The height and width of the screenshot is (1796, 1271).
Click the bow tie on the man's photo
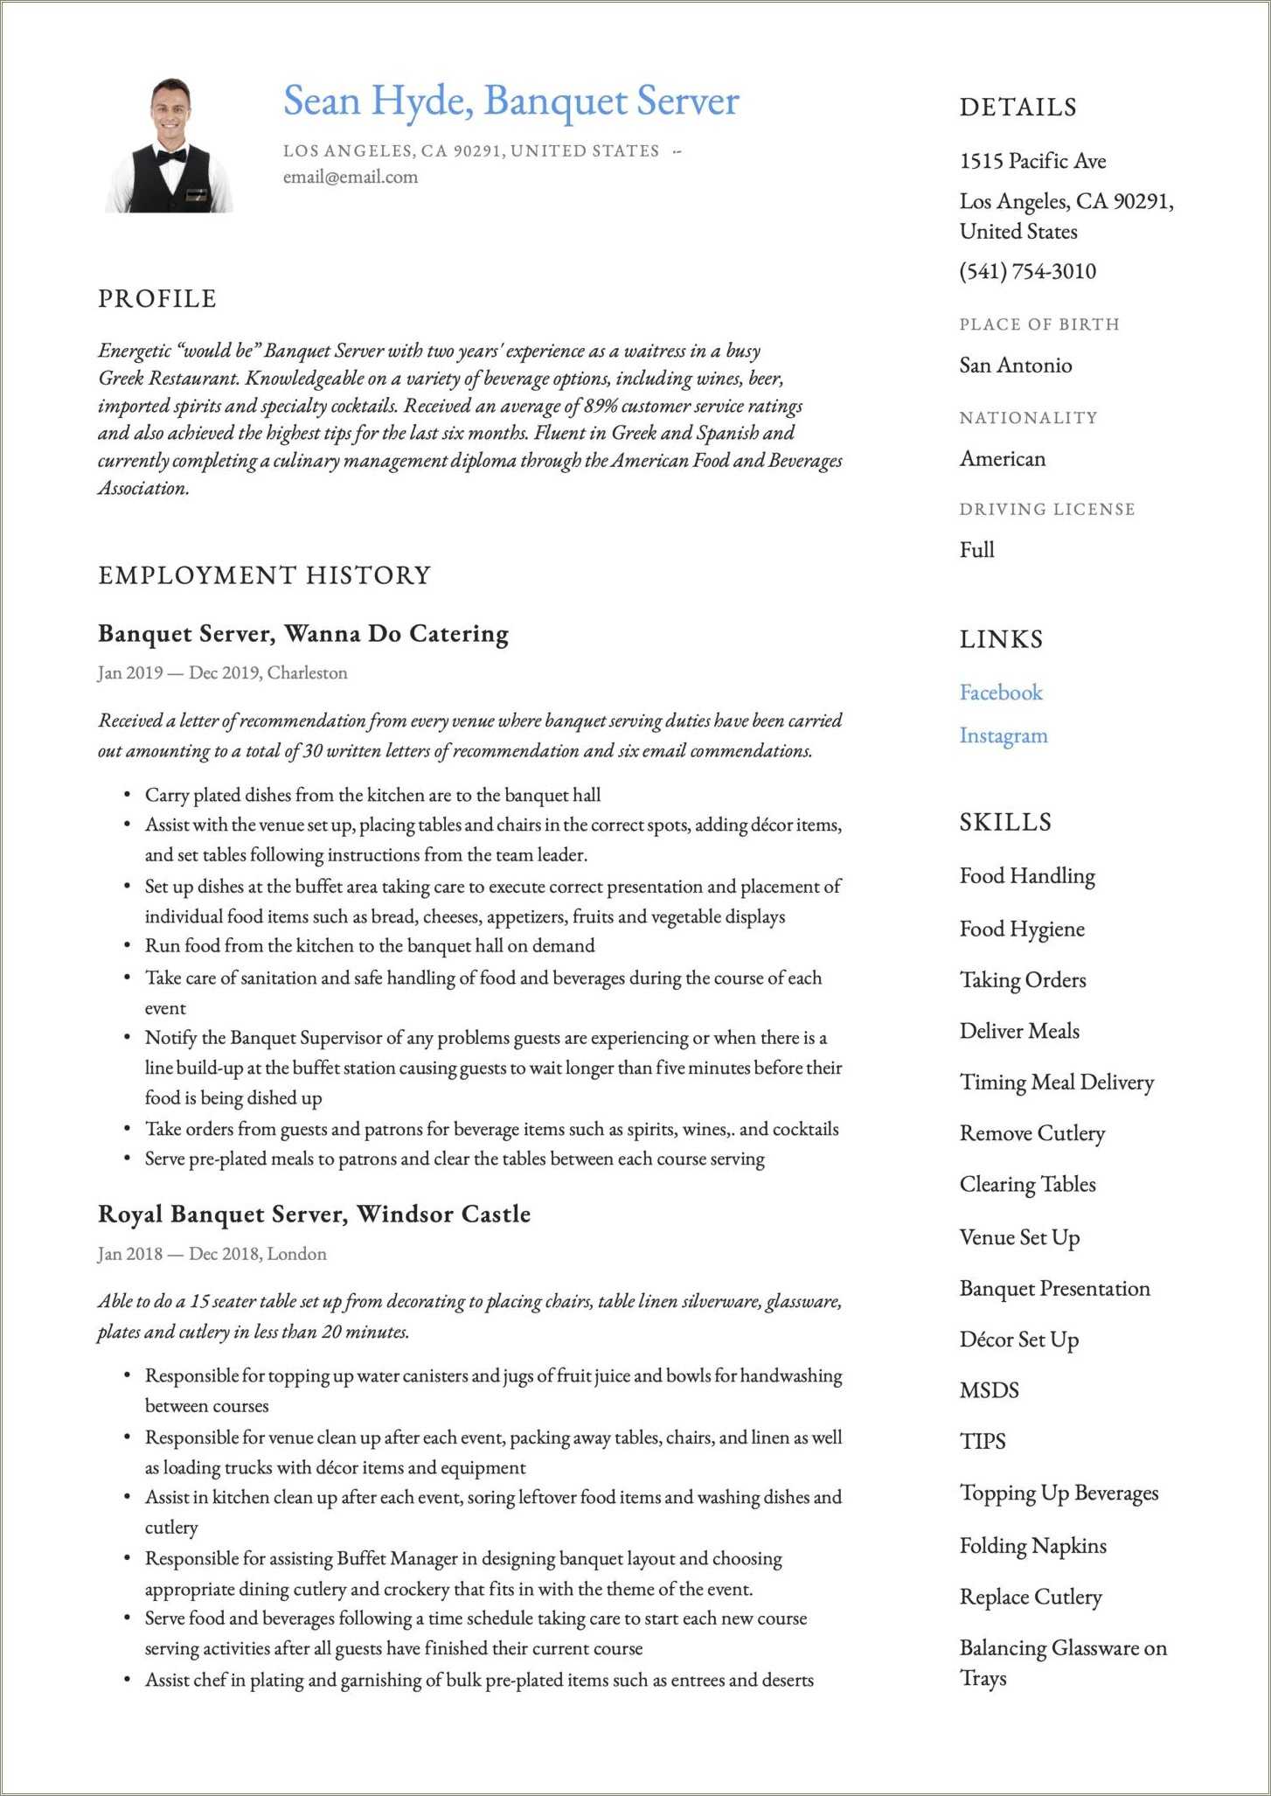170,156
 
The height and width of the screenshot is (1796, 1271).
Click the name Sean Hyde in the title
377,101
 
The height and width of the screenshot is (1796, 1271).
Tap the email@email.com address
350,177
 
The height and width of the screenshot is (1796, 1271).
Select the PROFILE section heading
157,299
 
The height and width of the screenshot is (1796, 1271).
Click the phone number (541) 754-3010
1027,271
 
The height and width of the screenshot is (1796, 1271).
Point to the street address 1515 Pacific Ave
1032,161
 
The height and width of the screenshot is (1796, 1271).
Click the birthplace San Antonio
1015,365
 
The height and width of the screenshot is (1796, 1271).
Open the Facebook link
1001,693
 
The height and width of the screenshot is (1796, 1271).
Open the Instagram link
1003,735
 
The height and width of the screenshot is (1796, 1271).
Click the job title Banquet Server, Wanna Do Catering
302,633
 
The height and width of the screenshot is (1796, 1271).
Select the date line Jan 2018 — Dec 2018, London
212,1254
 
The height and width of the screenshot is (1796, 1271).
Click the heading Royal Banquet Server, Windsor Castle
314,1214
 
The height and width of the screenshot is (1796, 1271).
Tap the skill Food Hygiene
1021,929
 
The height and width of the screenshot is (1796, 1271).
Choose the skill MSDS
989,1390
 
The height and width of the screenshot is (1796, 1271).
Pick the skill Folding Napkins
1032,1546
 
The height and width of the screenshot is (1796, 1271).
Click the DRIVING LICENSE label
1046,509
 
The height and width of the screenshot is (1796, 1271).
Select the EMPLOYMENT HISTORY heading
264,575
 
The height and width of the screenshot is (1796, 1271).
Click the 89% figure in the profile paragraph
601,406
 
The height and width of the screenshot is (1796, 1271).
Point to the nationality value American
1002,459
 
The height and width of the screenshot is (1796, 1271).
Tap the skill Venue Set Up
1019,1237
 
